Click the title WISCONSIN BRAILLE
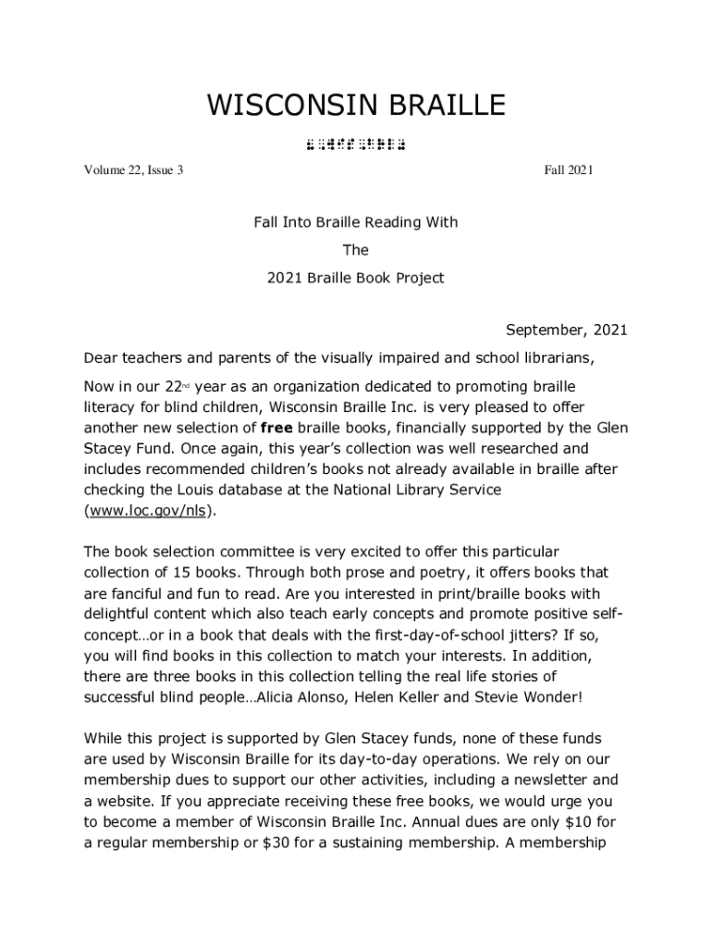point(356,106)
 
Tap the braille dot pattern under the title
point(356,144)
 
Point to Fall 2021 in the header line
point(569,170)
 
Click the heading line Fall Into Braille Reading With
point(356,222)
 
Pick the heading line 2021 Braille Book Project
point(356,278)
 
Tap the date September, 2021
point(566,331)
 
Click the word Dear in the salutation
point(101,357)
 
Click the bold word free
point(276,428)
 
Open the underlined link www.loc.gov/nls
point(149,510)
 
